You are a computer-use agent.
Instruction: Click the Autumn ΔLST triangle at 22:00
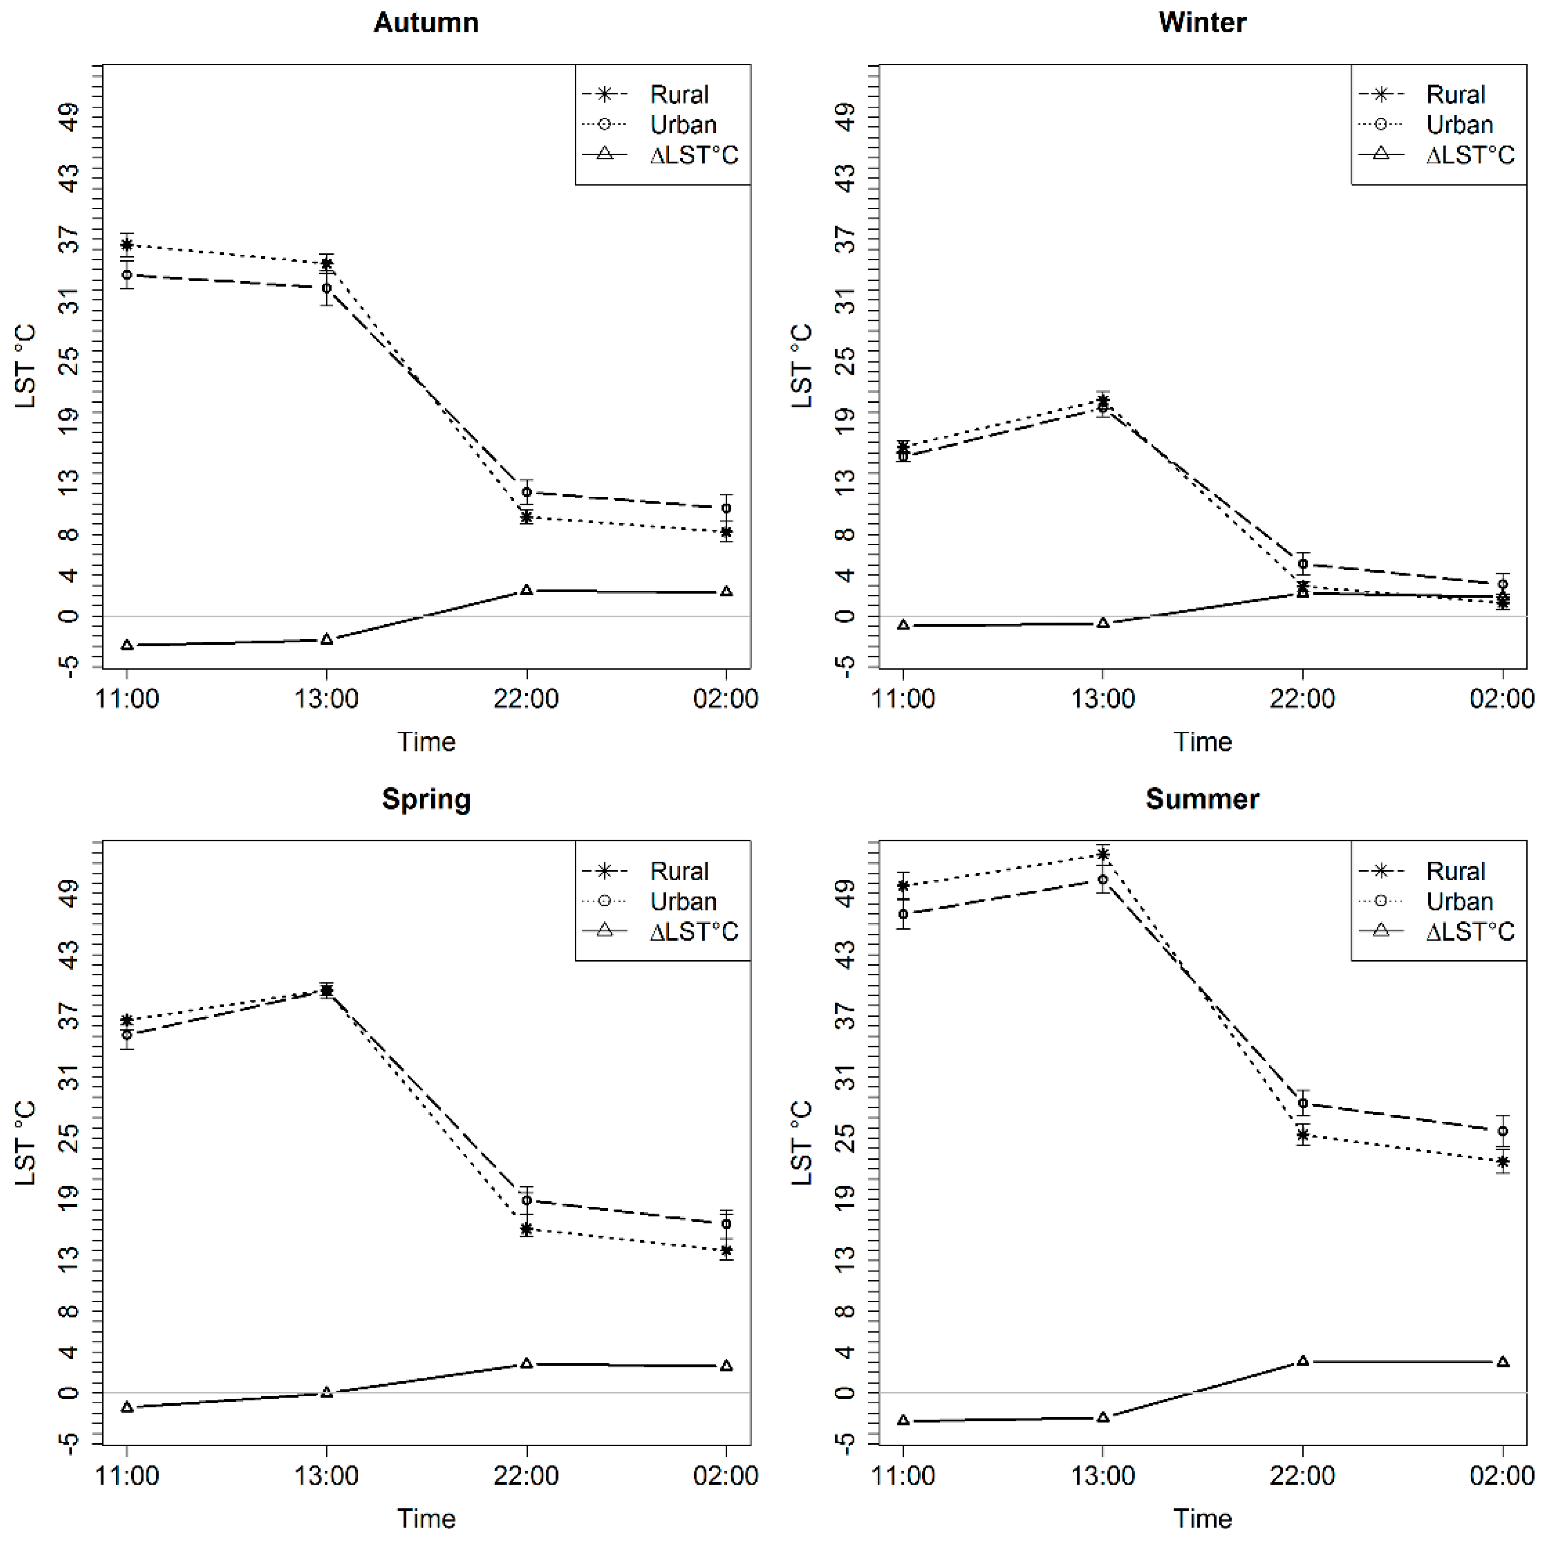(526, 590)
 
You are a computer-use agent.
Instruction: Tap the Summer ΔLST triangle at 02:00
(1502, 1362)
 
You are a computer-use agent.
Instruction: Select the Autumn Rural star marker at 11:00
(126, 245)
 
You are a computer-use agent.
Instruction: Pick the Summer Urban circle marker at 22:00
(1303, 1103)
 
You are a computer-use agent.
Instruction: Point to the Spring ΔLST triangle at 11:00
(126, 1407)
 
